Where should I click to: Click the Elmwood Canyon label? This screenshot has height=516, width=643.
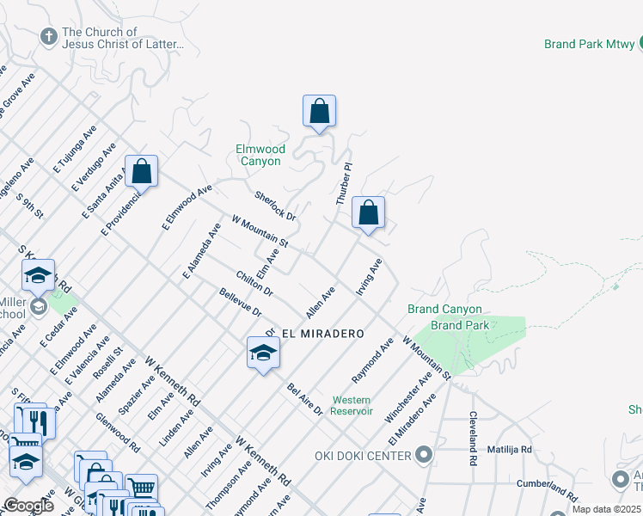pos(259,155)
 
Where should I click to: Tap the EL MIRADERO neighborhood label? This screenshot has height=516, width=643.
pos(322,333)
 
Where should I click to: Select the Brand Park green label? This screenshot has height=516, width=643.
pos(460,325)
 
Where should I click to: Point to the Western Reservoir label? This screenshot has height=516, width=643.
pos(352,405)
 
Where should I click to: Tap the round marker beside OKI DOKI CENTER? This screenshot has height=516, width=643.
pos(423,453)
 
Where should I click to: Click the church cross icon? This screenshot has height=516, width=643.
pos(49,38)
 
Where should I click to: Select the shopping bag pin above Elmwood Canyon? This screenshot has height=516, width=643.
pos(319,112)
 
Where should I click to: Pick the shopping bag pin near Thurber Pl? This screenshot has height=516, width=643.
pos(368,213)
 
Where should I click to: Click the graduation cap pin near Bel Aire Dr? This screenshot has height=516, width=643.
pos(263,353)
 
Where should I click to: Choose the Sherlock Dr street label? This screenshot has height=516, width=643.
pos(275,205)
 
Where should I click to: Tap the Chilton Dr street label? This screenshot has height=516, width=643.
pos(254,283)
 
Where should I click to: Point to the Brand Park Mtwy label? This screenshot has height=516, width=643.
pos(591,44)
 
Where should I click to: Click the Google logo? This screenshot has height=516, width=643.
pos(28,505)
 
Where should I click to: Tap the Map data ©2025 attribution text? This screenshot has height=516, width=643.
pos(606,509)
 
